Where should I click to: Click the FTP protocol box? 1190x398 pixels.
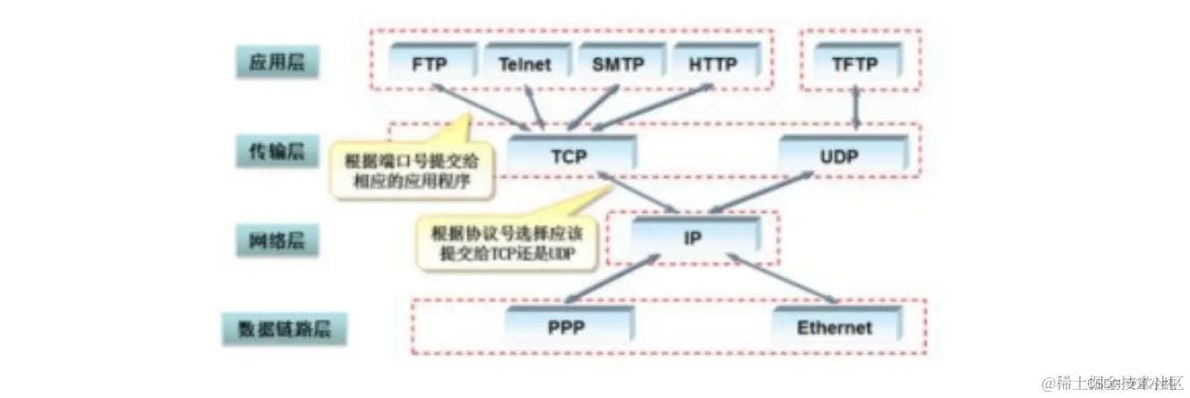[430, 64]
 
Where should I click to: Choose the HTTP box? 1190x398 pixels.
[714, 64]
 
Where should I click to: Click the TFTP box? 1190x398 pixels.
[856, 64]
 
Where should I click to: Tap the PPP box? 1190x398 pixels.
[566, 326]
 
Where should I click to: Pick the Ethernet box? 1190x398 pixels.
[834, 326]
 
